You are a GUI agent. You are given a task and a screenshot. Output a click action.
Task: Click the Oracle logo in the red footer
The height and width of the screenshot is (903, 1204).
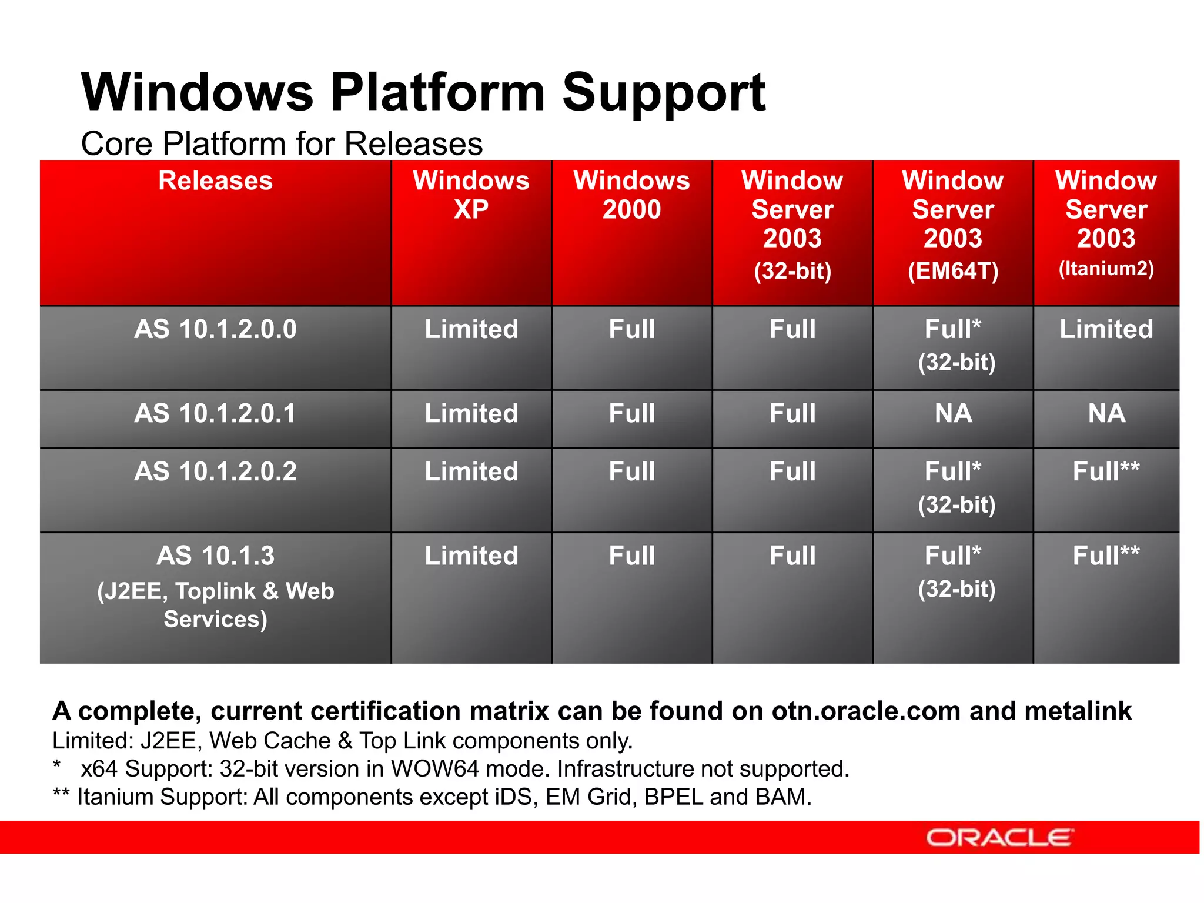pyautogui.click(x=1000, y=837)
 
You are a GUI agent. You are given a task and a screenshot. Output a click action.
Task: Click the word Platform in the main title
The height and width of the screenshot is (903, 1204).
pyautogui.click(x=437, y=92)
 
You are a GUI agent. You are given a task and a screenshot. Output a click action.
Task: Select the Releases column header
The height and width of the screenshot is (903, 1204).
pyautogui.click(x=215, y=180)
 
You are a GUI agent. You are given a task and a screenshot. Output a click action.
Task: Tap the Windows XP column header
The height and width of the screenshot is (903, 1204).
pyautogui.click(x=471, y=195)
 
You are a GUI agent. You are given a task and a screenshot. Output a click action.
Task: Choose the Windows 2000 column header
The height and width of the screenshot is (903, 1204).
pyautogui.click(x=631, y=195)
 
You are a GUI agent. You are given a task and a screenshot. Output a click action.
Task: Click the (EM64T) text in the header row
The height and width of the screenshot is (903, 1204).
pyautogui.click(x=953, y=271)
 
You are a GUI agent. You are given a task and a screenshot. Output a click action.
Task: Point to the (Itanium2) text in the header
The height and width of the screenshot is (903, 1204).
pyautogui.click(x=1106, y=269)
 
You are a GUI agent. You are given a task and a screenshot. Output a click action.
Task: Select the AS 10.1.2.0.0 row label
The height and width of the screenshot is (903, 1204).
pyautogui.click(x=215, y=329)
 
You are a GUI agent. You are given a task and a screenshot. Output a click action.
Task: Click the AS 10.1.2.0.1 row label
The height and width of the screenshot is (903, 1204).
pyautogui.click(x=215, y=413)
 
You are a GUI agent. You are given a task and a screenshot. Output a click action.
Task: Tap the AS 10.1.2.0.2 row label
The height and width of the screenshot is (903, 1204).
pyautogui.click(x=215, y=471)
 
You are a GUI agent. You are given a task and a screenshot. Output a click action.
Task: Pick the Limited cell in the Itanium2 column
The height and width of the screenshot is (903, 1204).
pyautogui.click(x=1106, y=329)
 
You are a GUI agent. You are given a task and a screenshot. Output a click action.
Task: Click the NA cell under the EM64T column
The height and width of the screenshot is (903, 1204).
pyautogui.click(x=953, y=413)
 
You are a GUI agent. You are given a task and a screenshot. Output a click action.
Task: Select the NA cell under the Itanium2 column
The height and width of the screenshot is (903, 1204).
pyautogui.click(x=1106, y=413)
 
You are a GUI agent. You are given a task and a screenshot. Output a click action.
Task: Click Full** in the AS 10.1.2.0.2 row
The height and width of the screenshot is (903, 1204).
pyautogui.click(x=1106, y=471)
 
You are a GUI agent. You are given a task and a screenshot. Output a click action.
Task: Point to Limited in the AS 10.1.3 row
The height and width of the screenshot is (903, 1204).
pyautogui.click(x=471, y=556)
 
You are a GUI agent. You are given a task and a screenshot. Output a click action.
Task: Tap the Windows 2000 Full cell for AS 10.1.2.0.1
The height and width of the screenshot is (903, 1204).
pyautogui.click(x=631, y=413)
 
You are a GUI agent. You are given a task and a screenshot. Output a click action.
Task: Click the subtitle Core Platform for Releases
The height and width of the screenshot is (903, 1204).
pyautogui.click(x=282, y=144)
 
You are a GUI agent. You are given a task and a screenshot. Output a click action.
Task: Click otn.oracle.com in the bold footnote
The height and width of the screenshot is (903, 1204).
pyautogui.click(x=866, y=711)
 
